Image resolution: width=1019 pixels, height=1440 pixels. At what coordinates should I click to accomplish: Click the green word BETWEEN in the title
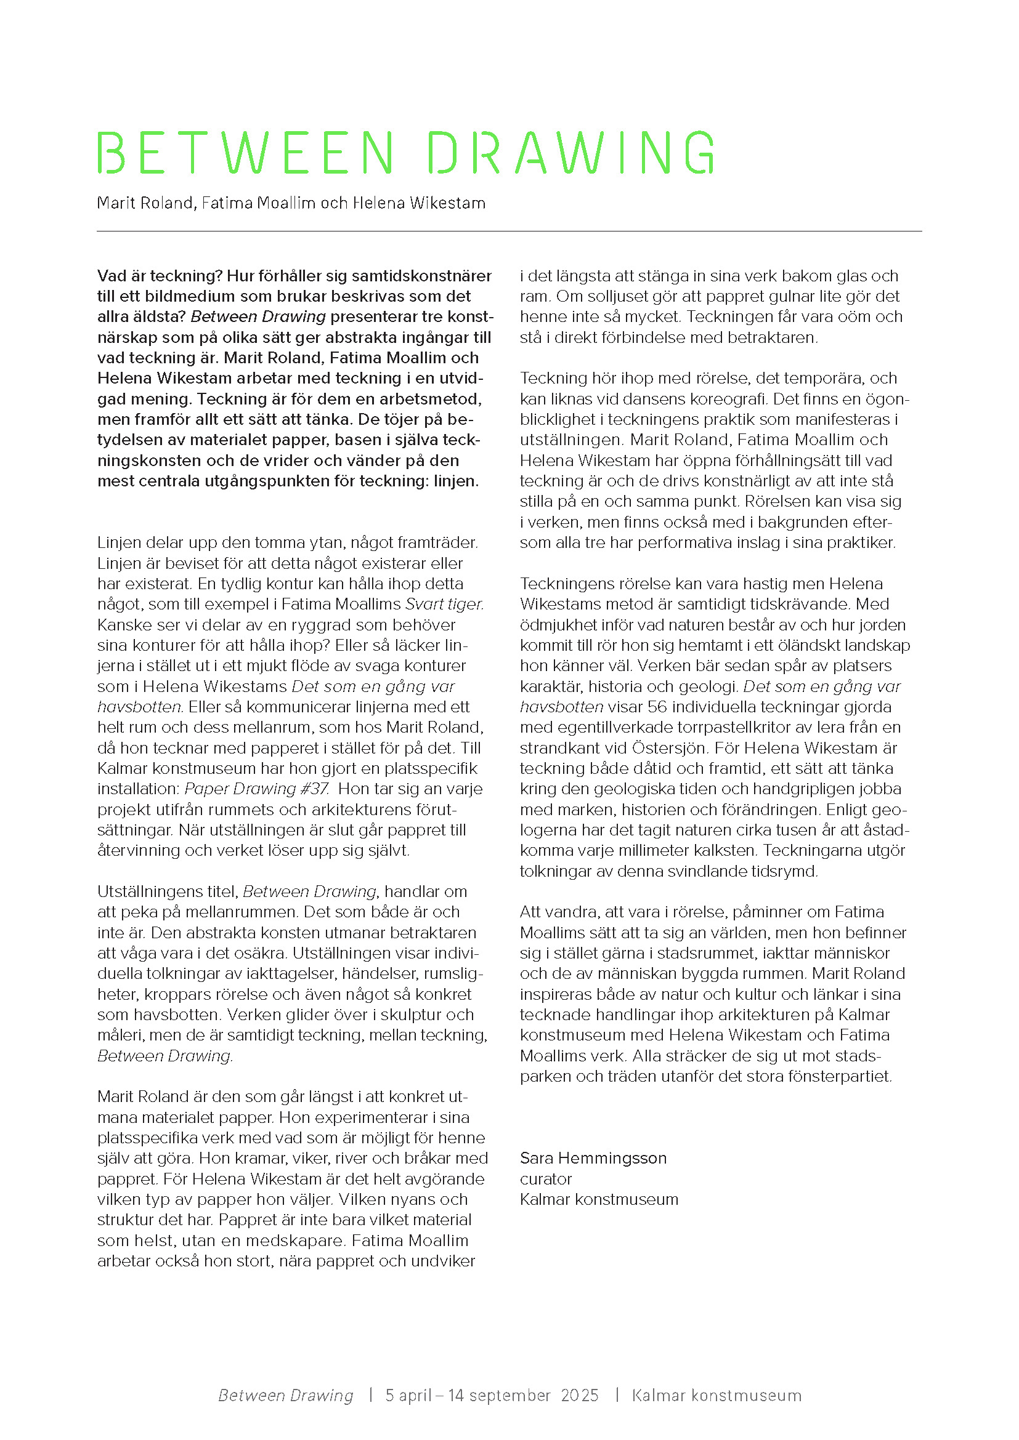point(245,153)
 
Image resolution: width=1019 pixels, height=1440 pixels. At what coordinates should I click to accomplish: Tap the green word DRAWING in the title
point(571,153)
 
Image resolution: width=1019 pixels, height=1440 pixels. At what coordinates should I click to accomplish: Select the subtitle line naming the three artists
point(291,203)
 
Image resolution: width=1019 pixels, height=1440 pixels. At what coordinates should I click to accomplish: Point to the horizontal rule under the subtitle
point(509,231)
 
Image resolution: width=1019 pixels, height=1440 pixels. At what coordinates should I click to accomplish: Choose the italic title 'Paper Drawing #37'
point(257,789)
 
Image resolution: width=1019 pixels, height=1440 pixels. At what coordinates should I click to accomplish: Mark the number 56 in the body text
point(657,707)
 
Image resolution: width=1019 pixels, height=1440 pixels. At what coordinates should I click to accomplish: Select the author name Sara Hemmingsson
point(593,1158)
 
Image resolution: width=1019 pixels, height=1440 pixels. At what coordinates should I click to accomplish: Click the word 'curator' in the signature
point(546,1179)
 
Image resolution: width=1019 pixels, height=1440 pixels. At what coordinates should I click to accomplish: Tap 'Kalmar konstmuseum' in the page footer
point(716,1396)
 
